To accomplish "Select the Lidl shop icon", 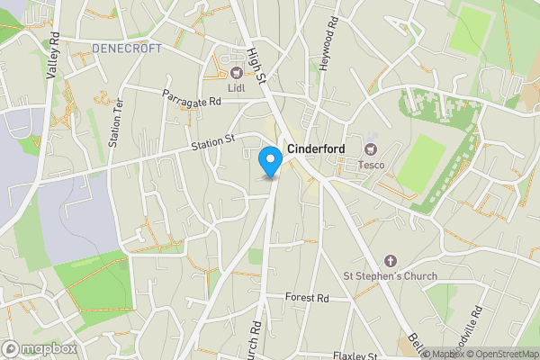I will tap(238, 73).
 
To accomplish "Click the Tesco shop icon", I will tap(371, 148).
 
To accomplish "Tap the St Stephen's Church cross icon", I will tap(390, 260).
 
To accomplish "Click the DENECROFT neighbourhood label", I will tap(127, 48).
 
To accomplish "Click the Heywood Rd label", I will tap(332, 32).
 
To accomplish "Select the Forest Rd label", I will tap(308, 298).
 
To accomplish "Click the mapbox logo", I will tap(39, 348).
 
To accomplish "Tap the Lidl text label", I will tap(238, 87).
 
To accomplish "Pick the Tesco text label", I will tap(372, 164).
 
